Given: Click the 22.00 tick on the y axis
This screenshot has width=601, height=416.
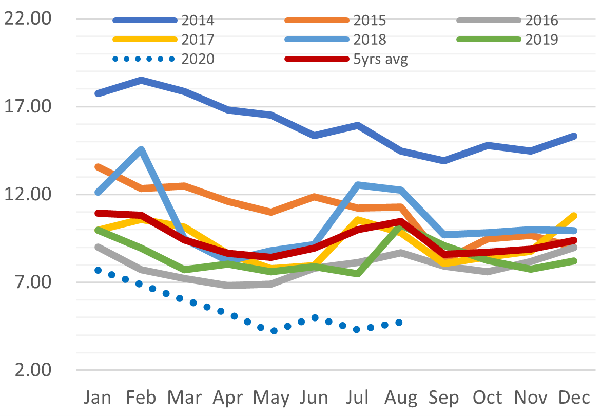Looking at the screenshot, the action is [x=28, y=18].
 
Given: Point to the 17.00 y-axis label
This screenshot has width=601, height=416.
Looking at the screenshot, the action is [x=28, y=106].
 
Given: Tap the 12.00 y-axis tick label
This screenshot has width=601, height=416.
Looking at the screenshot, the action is [x=28, y=194].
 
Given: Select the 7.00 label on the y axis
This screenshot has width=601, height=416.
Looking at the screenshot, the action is [x=33, y=282].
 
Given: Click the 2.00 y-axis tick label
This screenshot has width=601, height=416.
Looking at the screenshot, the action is [x=33, y=370].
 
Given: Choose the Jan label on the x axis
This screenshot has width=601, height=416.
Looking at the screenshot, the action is [x=98, y=398].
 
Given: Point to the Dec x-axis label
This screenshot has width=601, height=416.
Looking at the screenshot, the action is [x=574, y=398].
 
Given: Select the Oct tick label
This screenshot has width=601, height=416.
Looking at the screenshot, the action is [x=488, y=398].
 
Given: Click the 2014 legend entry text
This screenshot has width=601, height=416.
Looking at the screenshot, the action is [x=198, y=21].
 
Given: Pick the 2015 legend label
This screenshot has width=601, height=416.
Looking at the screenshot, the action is [x=370, y=21].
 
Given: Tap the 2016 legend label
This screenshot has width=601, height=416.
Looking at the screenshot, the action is [x=541, y=21].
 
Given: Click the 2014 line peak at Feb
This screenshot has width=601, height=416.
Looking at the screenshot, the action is [x=142, y=80].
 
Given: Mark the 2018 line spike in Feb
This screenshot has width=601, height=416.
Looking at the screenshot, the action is [x=142, y=149].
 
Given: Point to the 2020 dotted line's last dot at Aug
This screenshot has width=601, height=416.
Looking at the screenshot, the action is [x=399, y=323].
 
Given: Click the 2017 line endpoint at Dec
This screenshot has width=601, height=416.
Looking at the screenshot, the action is [x=574, y=216].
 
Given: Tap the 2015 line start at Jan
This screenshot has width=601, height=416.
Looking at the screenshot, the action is [x=98, y=167].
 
